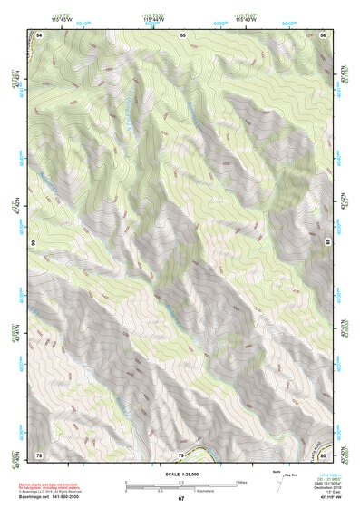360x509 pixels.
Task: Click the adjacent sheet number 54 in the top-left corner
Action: [x=39, y=33]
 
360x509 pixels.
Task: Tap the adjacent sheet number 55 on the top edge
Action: [x=181, y=33]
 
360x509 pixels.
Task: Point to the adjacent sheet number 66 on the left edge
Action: [x=34, y=243]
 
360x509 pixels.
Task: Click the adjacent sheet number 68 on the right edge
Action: [x=327, y=243]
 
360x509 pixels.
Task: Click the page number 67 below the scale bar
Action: [x=180, y=499]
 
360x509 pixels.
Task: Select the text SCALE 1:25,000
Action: [x=180, y=474]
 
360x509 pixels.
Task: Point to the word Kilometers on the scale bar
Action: [x=217, y=490]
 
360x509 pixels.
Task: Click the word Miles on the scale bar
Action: [x=242, y=481]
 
